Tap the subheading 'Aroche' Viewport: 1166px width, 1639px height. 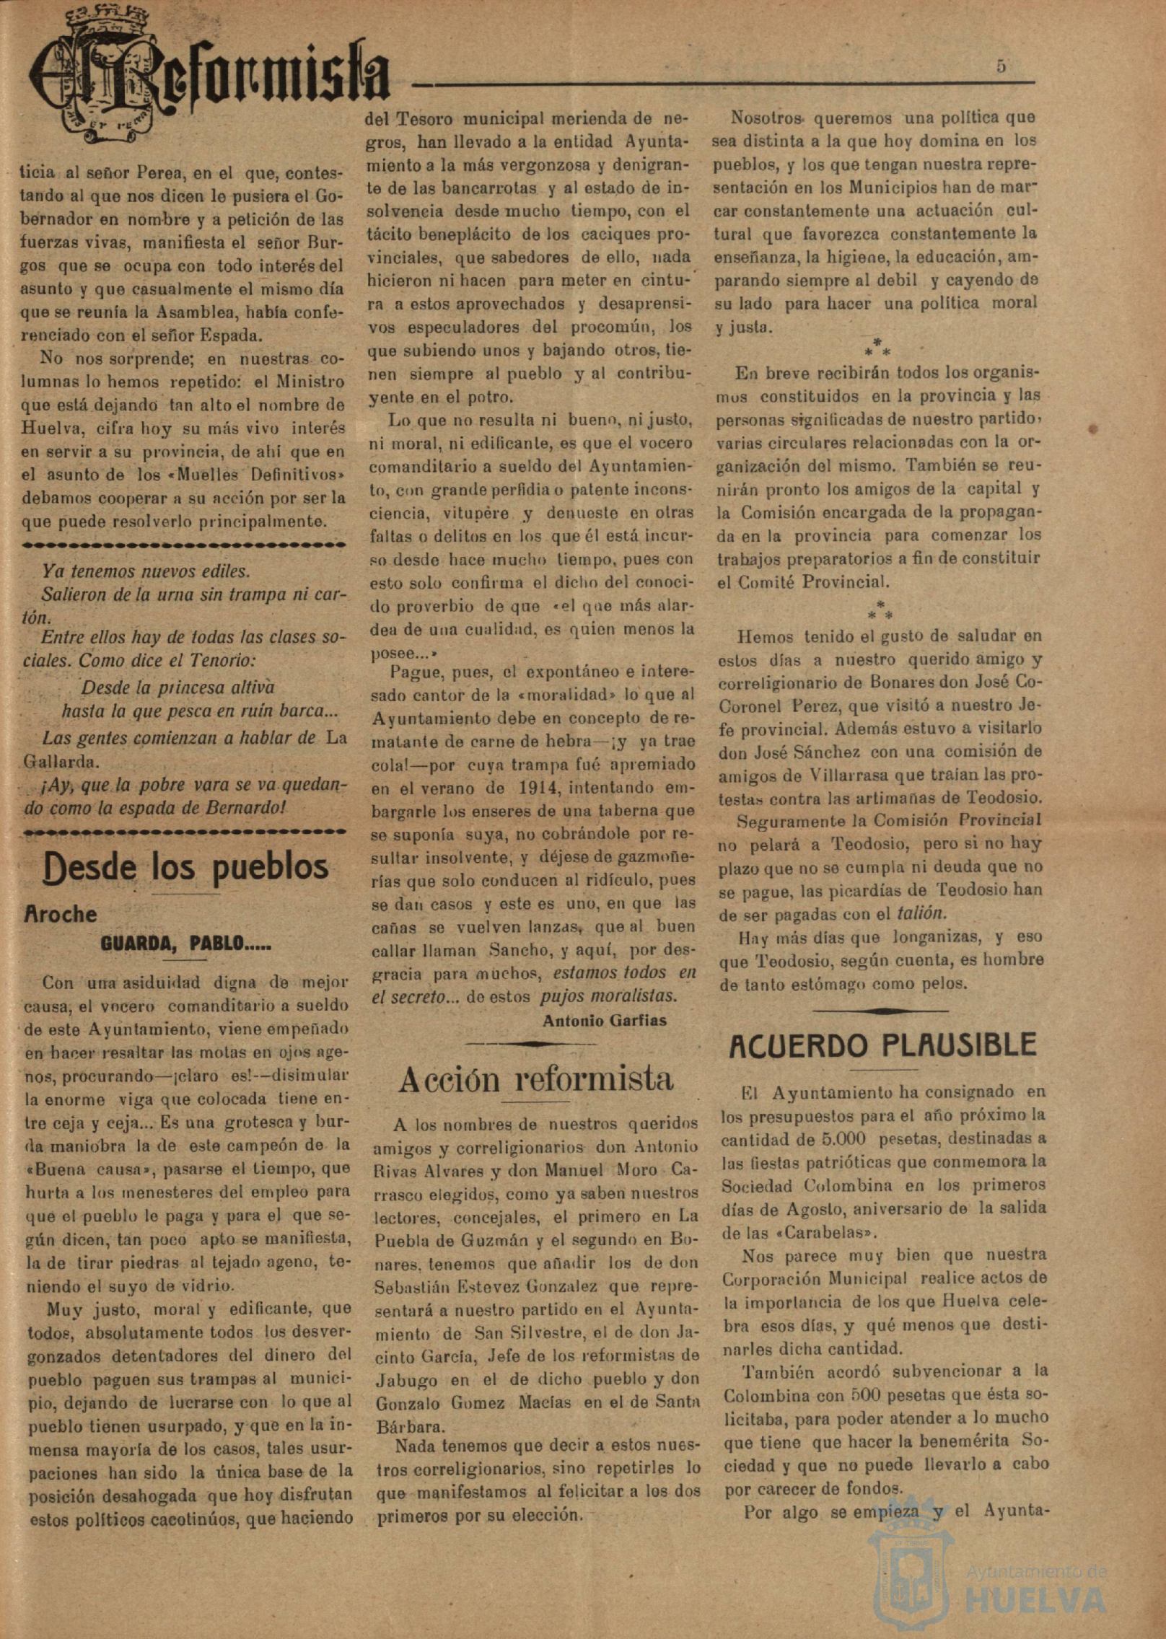tap(61, 914)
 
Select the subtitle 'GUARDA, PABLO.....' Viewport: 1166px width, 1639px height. tap(186, 944)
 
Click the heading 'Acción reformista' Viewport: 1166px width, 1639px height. tap(535, 1079)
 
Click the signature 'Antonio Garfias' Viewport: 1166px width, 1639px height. tap(604, 1020)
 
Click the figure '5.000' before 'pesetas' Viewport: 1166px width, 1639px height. tap(847, 1140)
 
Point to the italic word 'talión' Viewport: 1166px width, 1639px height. tap(919, 913)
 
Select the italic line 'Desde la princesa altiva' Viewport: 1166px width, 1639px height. tap(177, 687)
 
